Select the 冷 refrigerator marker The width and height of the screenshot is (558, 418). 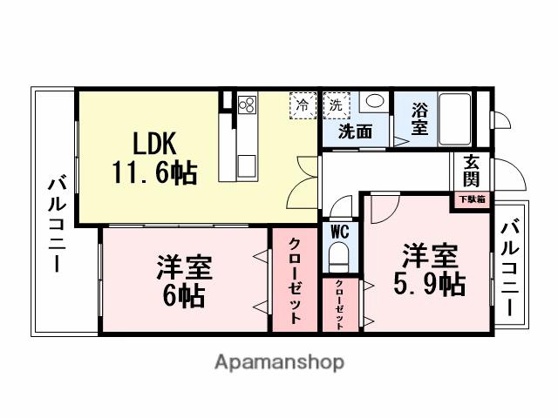(x=303, y=105)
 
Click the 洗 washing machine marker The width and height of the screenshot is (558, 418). (x=336, y=105)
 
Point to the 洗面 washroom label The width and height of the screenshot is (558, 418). (x=355, y=132)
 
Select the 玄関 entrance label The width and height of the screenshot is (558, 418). (x=471, y=171)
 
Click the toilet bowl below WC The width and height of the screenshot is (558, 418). (x=339, y=257)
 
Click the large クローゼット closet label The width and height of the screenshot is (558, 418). (x=295, y=280)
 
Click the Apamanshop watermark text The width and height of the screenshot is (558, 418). (x=279, y=361)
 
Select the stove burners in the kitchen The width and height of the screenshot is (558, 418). (x=245, y=105)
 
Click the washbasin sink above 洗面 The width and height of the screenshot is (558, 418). (x=375, y=101)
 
